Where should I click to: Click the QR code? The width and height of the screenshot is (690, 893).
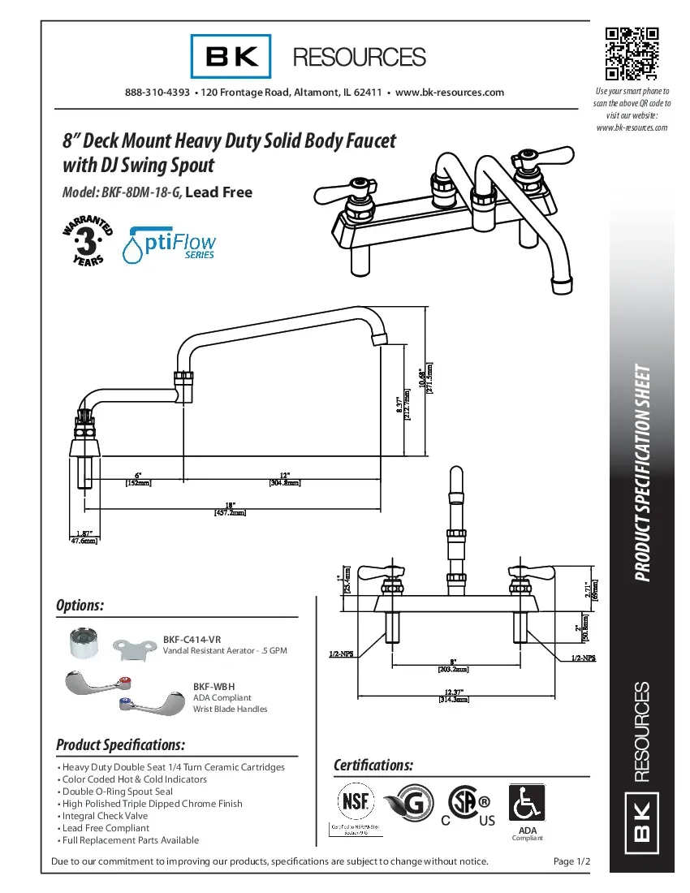click(x=632, y=54)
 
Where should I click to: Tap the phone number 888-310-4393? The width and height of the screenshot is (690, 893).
click(x=157, y=93)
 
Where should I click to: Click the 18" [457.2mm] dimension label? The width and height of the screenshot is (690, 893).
click(x=230, y=508)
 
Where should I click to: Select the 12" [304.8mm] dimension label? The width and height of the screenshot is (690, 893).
click(x=284, y=478)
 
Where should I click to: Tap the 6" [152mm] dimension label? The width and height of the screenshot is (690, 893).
click(x=138, y=478)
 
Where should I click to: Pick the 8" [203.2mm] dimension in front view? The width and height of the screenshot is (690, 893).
click(x=454, y=666)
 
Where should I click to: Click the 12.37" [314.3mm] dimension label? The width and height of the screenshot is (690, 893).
click(x=454, y=695)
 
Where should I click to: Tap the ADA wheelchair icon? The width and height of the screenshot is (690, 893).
click(x=526, y=804)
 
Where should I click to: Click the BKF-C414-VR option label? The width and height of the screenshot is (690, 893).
click(x=192, y=640)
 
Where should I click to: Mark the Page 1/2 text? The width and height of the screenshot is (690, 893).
click(x=570, y=861)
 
